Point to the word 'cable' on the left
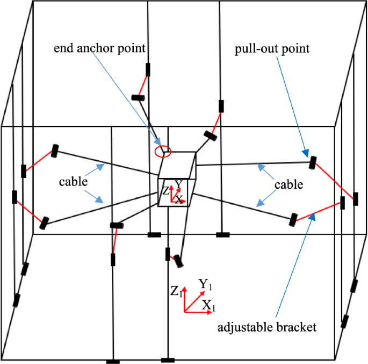(x=73, y=182)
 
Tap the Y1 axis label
(x=205, y=284)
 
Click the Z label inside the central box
(x=165, y=190)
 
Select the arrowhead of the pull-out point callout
(x=306, y=154)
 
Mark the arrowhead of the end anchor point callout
(x=160, y=145)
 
